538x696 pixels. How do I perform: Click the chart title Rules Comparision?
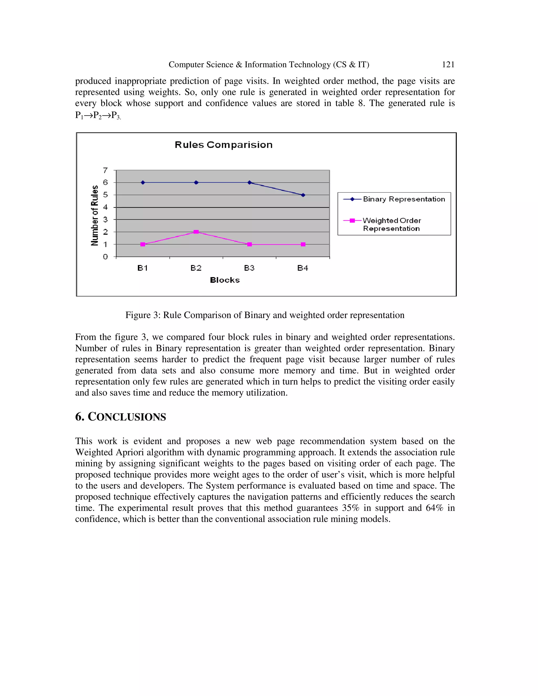click(224, 145)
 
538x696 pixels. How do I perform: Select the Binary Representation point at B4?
click(303, 195)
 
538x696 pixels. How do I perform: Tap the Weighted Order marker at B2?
click(196, 232)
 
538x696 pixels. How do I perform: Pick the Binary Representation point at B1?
click(143, 183)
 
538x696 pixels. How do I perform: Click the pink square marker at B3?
click(250, 245)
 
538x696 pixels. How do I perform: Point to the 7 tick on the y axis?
click(105, 170)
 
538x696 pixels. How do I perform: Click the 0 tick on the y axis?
click(105, 257)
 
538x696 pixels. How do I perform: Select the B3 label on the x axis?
click(249, 268)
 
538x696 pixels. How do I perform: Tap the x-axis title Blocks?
click(225, 280)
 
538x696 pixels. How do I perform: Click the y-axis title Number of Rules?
click(95, 215)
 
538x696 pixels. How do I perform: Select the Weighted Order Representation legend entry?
click(392, 224)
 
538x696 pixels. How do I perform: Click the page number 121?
click(448, 65)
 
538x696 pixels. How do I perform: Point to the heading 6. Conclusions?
click(121, 417)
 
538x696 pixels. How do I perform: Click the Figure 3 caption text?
click(265, 315)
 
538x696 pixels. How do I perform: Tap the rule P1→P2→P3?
click(97, 115)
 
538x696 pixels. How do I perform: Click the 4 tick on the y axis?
click(105, 207)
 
